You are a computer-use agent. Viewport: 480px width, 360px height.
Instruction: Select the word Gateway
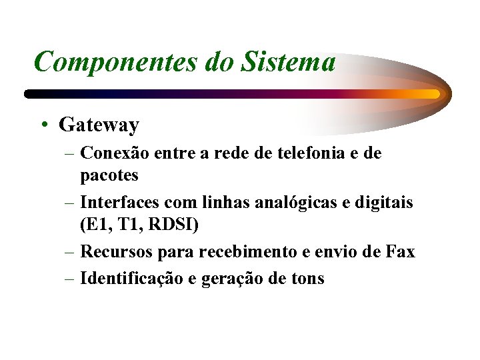click(99, 125)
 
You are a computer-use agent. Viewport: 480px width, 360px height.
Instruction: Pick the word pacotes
click(109, 175)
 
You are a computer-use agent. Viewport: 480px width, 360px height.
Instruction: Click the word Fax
click(399, 252)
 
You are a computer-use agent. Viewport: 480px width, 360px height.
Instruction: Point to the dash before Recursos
click(70, 253)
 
